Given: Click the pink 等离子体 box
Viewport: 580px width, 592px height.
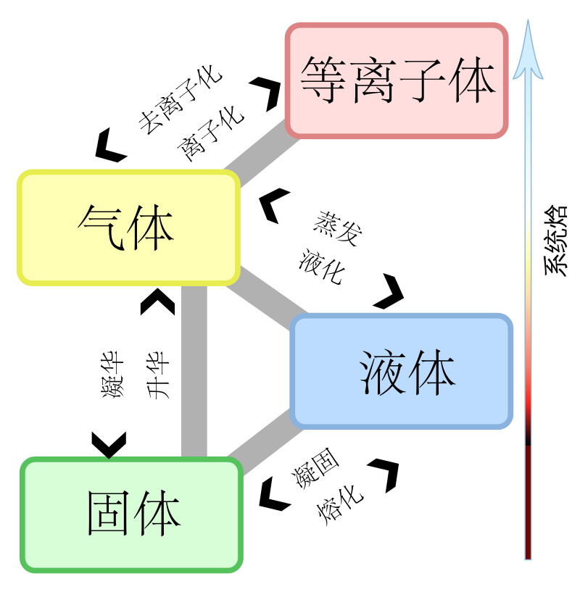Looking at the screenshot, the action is point(397,80).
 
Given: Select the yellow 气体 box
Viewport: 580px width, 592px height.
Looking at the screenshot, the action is point(129,228).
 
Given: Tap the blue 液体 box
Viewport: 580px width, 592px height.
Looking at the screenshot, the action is point(401,371).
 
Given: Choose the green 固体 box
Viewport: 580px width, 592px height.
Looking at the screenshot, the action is point(131,514).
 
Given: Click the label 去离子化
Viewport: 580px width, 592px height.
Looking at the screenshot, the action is point(180,100).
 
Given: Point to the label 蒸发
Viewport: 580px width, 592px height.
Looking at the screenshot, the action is point(337,229).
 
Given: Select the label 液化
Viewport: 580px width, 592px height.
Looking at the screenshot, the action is point(322,266).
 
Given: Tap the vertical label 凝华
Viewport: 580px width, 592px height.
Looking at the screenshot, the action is point(112,374).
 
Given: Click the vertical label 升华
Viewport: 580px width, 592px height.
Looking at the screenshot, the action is point(158,375).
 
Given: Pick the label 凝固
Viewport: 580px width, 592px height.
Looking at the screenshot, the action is point(315,468).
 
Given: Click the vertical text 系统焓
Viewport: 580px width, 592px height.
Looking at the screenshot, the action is point(555,241).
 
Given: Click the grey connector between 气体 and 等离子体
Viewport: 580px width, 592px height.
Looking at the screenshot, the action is point(262,154).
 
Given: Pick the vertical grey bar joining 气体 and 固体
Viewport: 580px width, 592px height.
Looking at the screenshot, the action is point(194,371).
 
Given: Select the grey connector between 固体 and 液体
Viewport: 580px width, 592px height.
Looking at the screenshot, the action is point(266,443).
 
